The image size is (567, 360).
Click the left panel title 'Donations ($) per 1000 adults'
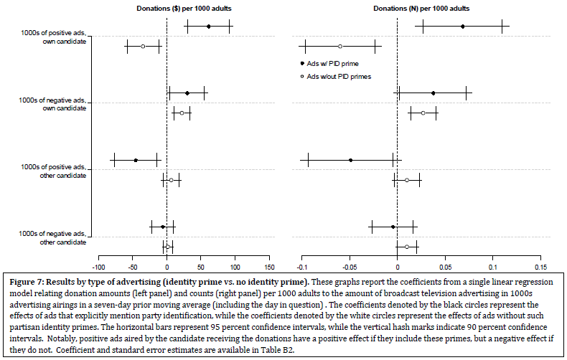coord(164,8)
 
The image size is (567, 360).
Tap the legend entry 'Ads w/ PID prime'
coord(334,64)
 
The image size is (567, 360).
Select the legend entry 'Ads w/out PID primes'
coord(339,76)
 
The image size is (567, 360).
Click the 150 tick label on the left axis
coord(268,259)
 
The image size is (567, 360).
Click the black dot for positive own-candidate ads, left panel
coord(209,27)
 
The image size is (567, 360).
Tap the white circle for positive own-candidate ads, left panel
coord(143,46)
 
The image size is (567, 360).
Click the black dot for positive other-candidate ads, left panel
coord(136,161)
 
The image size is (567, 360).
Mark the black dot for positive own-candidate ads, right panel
coord(463,27)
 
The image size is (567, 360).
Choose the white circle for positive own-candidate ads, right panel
coord(340,46)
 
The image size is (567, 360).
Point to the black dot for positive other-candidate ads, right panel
coord(350,161)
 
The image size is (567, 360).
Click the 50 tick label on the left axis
coord(201,259)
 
